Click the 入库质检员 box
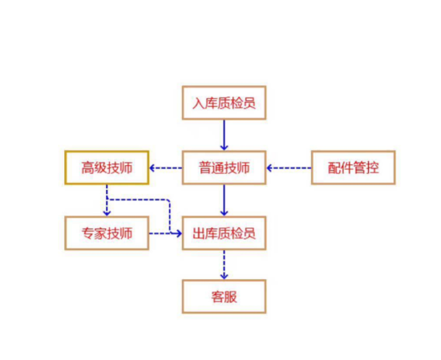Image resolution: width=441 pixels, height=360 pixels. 224,103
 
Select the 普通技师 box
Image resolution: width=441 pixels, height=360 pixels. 224,168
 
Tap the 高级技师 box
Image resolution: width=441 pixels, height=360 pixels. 107,168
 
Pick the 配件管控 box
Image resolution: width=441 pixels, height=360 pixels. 354,168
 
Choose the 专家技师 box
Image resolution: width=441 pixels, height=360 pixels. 107,233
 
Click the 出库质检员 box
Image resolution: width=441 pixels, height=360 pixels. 224,233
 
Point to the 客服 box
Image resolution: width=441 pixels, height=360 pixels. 224,297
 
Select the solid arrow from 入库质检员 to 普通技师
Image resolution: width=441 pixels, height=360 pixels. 224,135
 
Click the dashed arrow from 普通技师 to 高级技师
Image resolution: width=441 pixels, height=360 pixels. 166,168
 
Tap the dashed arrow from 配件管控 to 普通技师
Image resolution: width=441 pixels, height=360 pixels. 289,168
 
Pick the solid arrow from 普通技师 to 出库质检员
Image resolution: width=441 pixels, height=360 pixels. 224,200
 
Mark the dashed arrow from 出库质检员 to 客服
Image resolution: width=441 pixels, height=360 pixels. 224,265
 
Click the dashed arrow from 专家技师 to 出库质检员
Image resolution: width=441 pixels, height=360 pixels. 165,233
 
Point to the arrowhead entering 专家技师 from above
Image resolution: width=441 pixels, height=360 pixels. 107,212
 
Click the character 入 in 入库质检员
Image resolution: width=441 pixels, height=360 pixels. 198,103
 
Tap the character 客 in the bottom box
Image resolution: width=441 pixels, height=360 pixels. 217,297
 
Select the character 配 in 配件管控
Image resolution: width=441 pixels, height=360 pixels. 334,168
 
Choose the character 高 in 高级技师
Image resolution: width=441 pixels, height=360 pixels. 87,168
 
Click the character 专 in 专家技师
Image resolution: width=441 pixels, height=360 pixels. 87,233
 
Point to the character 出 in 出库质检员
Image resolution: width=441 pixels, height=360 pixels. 199,233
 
